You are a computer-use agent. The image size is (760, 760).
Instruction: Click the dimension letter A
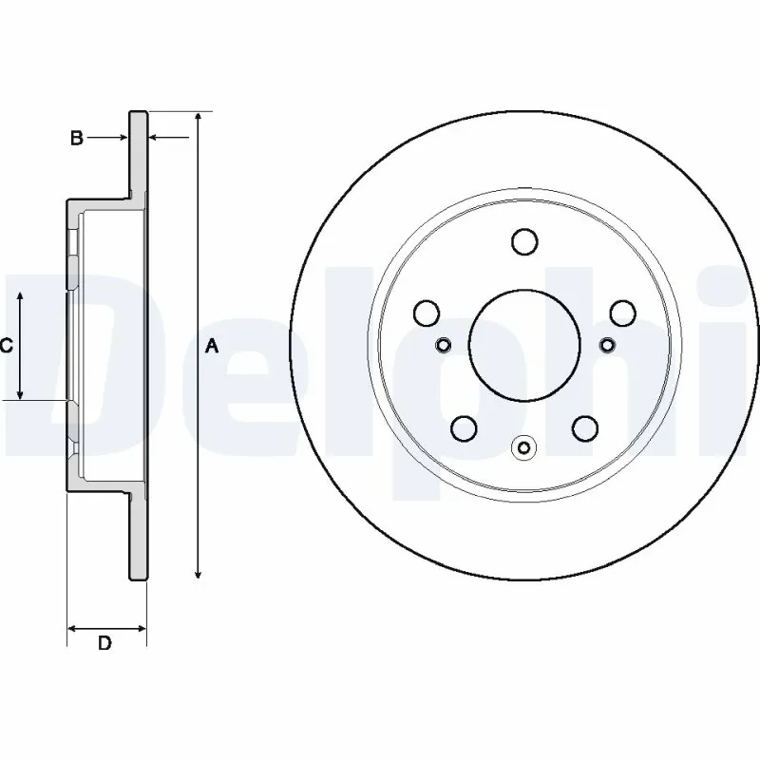coord(213,347)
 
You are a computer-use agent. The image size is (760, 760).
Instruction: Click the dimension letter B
coord(76,139)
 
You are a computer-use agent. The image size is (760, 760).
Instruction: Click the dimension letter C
coord(5,346)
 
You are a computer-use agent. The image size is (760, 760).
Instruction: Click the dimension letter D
coord(105,644)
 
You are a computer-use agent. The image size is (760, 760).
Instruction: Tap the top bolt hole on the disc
coord(524,242)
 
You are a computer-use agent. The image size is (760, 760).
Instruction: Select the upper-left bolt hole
coord(427,313)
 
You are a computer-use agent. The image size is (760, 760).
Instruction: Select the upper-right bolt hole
coord(621,313)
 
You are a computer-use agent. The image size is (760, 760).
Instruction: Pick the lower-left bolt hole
coord(465,428)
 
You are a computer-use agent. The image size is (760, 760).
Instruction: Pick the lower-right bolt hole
coord(584,428)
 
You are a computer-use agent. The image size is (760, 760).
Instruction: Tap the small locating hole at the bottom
coord(524,446)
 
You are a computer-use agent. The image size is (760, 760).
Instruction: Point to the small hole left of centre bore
coord(442,344)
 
